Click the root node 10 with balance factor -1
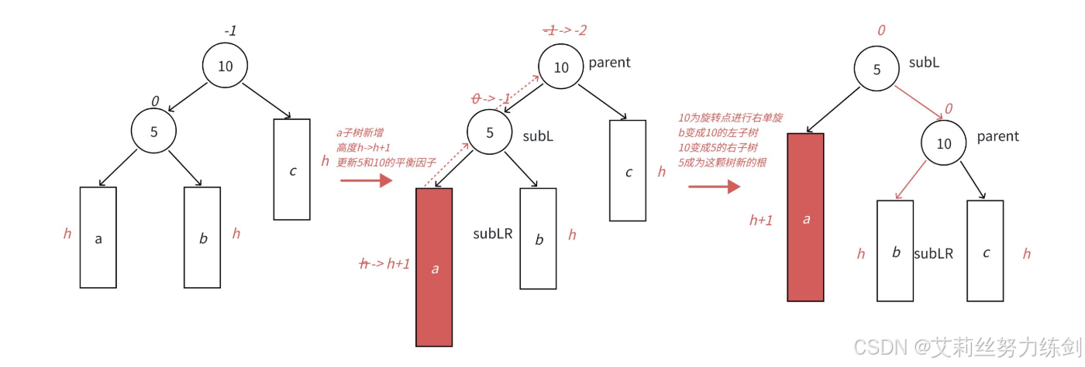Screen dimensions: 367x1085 [225, 66]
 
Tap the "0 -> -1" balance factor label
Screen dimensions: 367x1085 [490, 98]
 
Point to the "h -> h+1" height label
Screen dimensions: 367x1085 [384, 264]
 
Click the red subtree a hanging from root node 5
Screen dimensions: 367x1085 [805, 217]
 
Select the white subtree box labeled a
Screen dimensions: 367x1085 [98, 238]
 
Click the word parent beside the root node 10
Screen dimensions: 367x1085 [610, 62]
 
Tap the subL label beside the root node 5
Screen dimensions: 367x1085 [924, 62]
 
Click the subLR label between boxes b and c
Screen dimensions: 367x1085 [933, 253]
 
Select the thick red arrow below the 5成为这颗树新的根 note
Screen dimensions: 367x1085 [714, 187]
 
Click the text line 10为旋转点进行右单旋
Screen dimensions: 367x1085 [729, 118]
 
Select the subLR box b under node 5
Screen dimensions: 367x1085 [539, 238]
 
